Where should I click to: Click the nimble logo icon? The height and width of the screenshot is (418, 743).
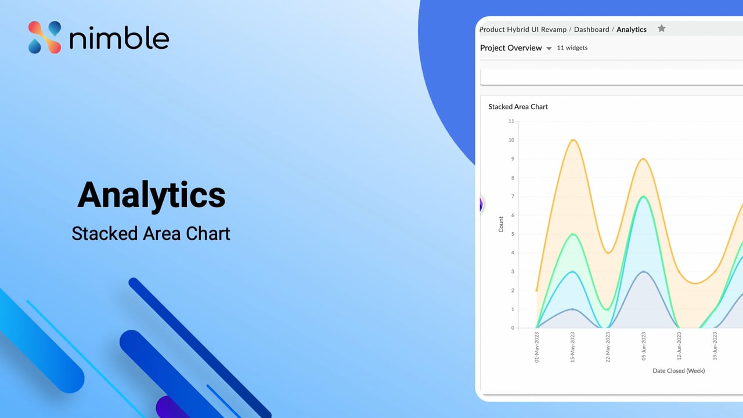pos(45,38)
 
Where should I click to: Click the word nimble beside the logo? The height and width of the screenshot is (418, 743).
pos(119,39)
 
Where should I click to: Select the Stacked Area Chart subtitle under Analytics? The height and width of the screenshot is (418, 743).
pos(151,233)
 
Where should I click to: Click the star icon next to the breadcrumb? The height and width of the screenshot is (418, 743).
pos(661,28)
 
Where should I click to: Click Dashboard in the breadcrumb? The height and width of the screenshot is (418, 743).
pos(591,29)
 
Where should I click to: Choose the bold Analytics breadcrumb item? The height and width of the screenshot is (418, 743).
pos(632,29)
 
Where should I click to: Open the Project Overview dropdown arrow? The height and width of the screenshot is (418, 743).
pos(549,49)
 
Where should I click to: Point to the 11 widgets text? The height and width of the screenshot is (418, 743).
pos(572,48)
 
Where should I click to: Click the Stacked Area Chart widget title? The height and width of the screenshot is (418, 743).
pos(518,107)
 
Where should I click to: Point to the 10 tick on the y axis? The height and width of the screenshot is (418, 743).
pos(511,140)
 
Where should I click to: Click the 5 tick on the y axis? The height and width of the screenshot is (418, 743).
pos(512,234)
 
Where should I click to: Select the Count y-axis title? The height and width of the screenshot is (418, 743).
pos(501,224)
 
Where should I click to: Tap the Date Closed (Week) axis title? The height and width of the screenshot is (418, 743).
pos(678,370)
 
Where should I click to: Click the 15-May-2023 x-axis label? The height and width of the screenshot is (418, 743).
pos(572,347)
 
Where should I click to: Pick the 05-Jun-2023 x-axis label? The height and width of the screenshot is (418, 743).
pos(643,347)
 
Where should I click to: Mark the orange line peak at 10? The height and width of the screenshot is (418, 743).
pos(573,139)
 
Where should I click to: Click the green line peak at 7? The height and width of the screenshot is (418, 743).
pos(643,196)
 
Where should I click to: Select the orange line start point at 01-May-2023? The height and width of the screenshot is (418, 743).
pos(537,290)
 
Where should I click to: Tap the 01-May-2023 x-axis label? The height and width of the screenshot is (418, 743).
pos(537,347)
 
